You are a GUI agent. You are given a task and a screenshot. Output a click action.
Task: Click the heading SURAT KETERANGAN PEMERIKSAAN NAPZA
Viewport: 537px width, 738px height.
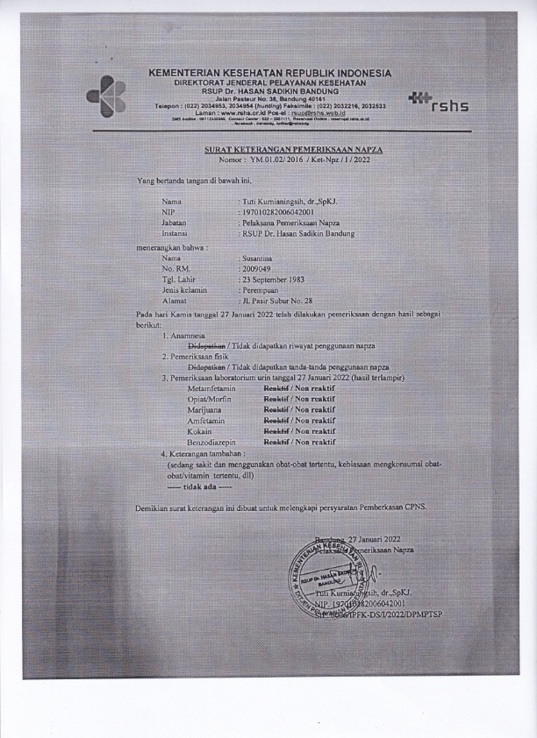(299, 150)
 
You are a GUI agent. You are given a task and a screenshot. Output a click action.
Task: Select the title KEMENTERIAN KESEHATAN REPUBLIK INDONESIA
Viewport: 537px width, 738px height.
(270, 73)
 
